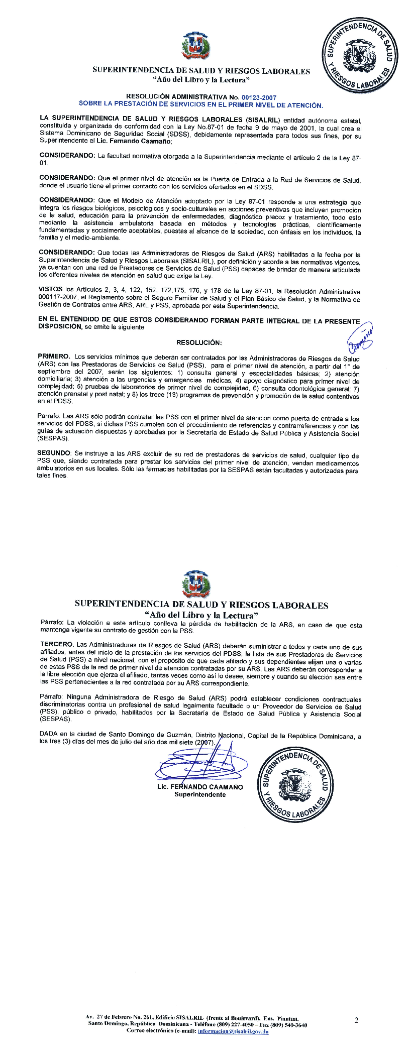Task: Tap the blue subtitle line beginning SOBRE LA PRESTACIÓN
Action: click(x=201, y=105)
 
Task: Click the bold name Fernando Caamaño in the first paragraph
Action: click(x=143, y=142)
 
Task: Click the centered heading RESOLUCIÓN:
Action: click(x=199, y=342)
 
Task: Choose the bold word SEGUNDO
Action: click(x=54, y=453)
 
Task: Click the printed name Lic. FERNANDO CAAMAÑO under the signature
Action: click(x=200, y=787)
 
